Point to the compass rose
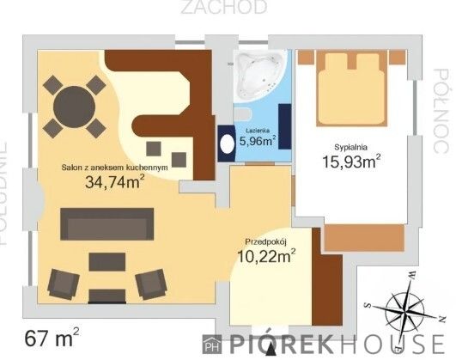(405, 308)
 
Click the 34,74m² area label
(114, 181)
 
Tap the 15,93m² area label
(351, 161)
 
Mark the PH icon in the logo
(211, 343)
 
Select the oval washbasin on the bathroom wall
(227, 143)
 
